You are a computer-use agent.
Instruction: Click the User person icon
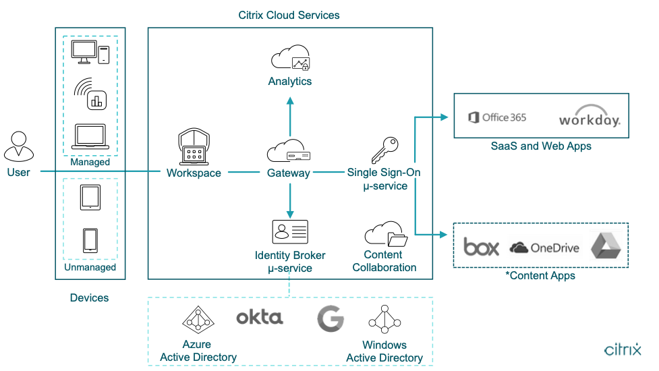point(19,146)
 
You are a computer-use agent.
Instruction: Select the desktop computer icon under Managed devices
point(90,53)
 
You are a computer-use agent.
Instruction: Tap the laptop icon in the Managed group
point(90,137)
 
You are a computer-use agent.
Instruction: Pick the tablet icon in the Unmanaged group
point(90,198)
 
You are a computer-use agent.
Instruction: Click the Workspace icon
point(194,147)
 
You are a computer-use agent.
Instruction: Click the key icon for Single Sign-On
point(381,150)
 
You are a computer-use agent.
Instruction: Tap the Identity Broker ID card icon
point(289,232)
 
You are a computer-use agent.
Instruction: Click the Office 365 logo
point(497,117)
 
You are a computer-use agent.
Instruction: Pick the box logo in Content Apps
point(482,247)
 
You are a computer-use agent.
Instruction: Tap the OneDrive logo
point(544,248)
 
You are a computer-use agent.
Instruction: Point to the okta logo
point(260,317)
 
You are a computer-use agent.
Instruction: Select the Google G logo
point(331,319)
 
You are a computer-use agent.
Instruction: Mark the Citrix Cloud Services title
point(289,15)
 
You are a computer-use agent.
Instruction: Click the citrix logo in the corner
point(622,349)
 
